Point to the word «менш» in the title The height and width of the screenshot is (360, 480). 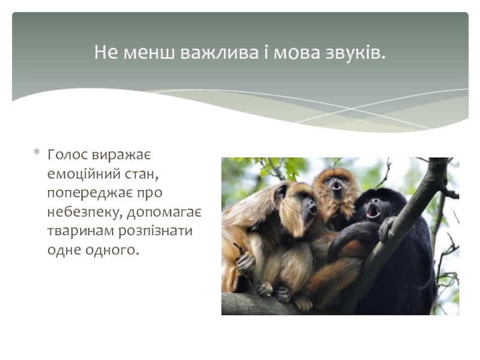click(149, 53)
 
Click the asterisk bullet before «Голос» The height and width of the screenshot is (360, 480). click(37, 152)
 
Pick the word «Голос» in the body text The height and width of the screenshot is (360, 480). click(68, 155)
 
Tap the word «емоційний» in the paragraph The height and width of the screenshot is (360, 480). click(83, 174)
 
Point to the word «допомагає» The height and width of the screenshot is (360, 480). click(164, 212)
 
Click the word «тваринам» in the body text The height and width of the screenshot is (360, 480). click(80, 231)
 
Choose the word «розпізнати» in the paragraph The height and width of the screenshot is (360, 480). click(155, 232)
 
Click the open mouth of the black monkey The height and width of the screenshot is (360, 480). click(373, 211)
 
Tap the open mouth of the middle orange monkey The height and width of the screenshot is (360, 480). click(336, 185)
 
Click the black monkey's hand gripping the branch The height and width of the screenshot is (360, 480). click(386, 229)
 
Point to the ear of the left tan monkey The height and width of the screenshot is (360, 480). click(281, 192)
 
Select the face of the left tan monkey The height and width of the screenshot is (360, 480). click(307, 203)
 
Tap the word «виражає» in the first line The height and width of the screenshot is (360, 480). click(122, 155)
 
